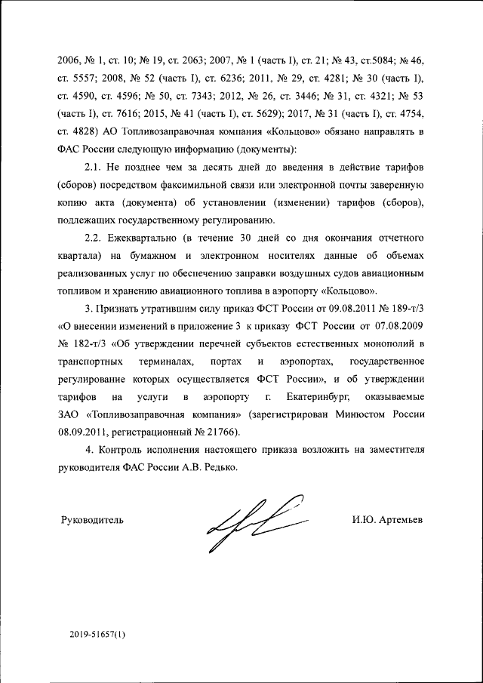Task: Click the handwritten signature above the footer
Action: [x=257, y=521]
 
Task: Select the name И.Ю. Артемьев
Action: [x=387, y=519]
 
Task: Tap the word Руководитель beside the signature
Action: [x=91, y=519]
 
